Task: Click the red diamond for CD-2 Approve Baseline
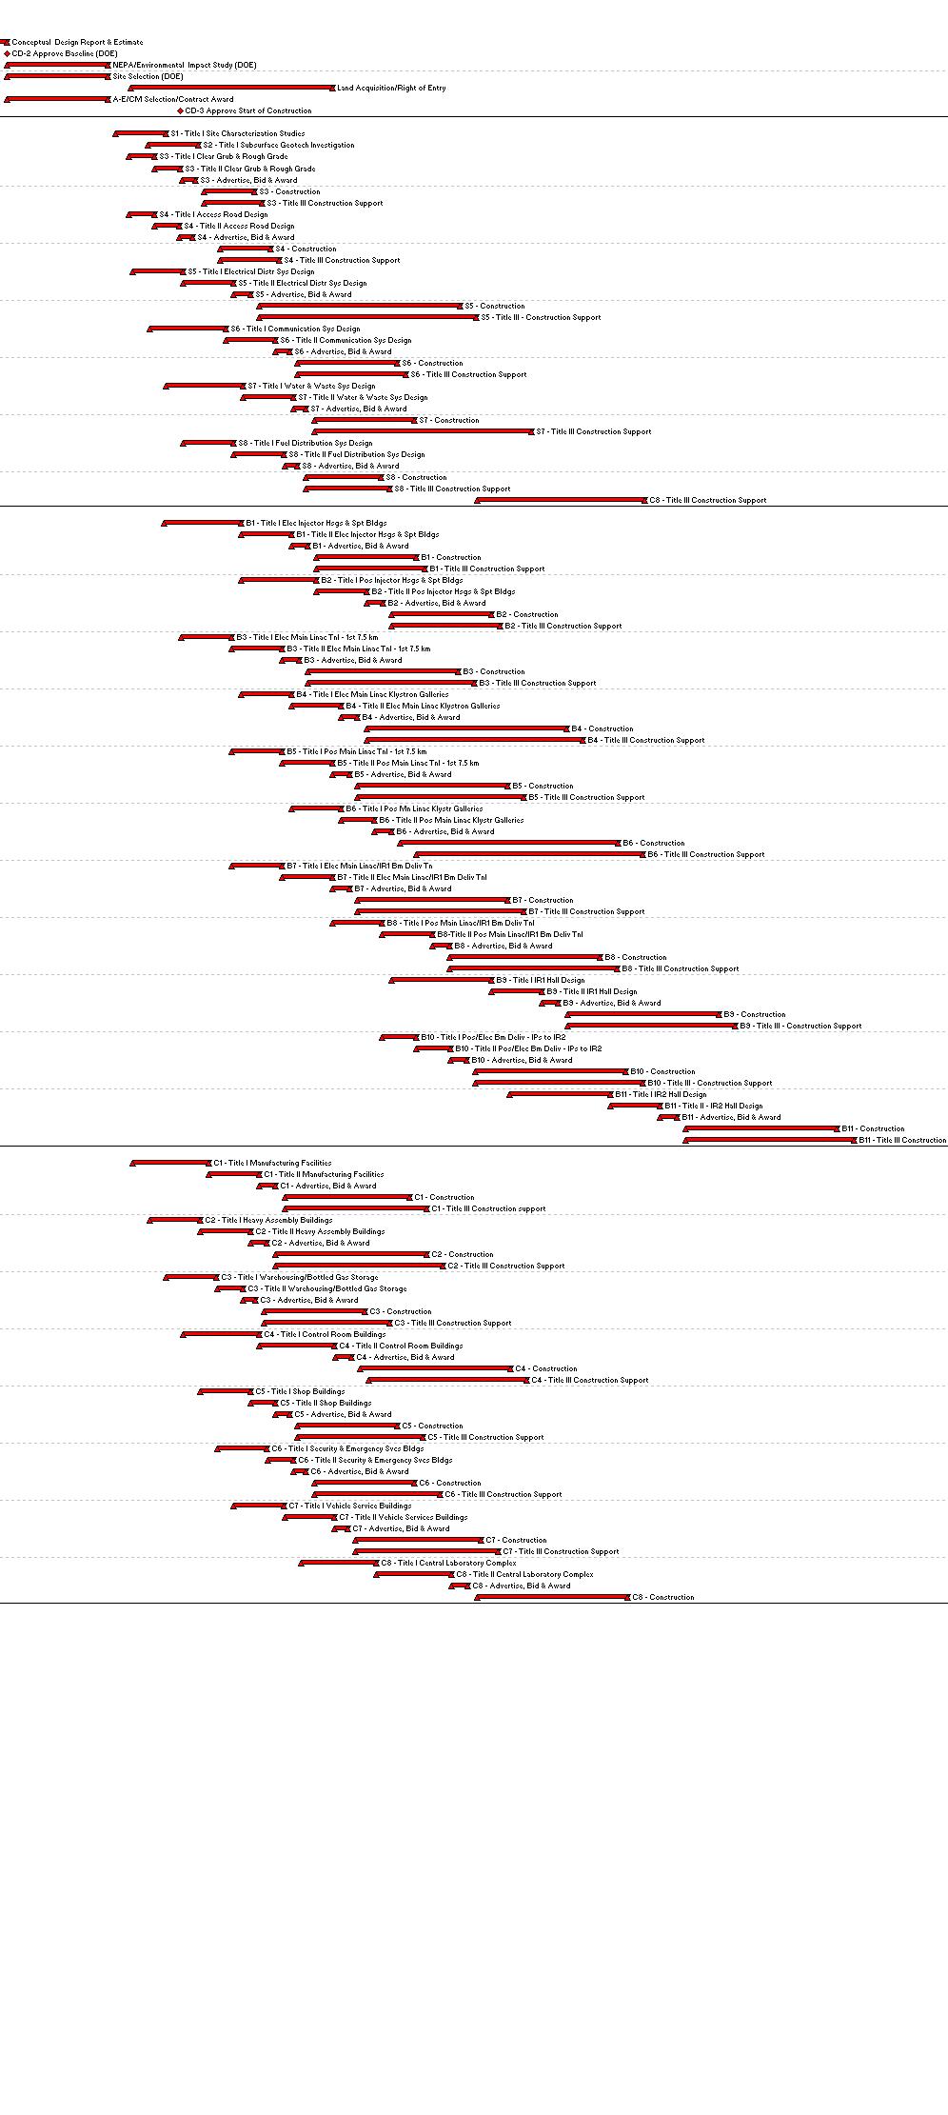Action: pos(7,54)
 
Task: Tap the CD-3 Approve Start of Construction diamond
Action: pos(180,111)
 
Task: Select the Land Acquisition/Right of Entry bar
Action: pos(232,88)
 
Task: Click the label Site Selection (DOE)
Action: pos(148,76)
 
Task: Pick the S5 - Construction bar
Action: pos(360,306)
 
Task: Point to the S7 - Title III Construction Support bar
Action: pos(424,431)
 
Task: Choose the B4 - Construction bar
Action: pos(466,728)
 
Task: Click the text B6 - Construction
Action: pos(653,843)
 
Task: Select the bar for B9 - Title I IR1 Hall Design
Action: pos(442,980)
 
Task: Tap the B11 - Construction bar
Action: pos(761,1128)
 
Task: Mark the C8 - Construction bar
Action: pos(552,1597)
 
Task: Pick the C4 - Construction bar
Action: pos(435,1368)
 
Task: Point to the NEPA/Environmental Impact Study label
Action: pos(184,65)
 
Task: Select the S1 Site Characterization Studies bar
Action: pos(140,133)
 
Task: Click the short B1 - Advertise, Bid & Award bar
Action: pos(300,546)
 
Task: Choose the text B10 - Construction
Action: pos(662,1071)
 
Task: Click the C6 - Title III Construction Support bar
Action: pos(378,1494)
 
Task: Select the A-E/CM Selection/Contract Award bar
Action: pos(57,99)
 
